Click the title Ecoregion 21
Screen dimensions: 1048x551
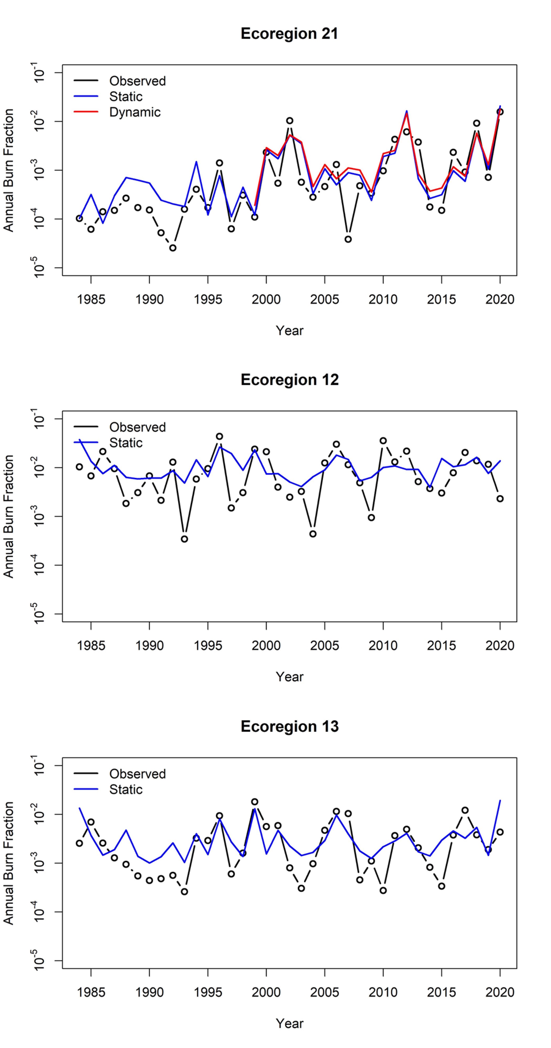click(289, 33)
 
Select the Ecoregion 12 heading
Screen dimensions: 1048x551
click(289, 379)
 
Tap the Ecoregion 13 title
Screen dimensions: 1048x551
click(289, 726)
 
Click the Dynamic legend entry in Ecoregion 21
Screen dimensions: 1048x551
click(135, 112)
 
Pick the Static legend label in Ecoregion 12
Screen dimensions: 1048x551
click(126, 443)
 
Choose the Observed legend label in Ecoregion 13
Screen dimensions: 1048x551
click(137, 774)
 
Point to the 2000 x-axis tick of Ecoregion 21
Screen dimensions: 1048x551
click(266, 300)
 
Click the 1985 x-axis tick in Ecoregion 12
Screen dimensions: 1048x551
click(91, 646)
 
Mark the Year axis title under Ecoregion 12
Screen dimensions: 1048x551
click(289, 677)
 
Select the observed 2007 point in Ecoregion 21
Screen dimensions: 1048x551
click(348, 239)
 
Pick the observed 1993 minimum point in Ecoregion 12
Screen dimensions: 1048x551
click(184, 539)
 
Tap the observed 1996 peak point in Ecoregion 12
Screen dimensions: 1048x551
click(219, 436)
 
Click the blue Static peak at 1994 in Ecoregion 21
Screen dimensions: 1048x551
click(196, 162)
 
